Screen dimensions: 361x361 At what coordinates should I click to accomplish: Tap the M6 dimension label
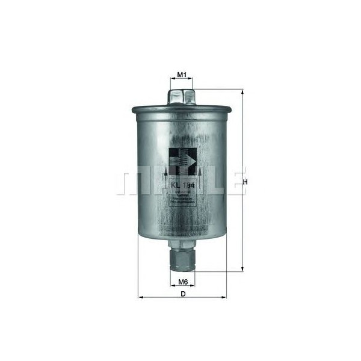pos(183,282)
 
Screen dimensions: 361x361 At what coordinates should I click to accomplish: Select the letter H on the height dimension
pos(245,182)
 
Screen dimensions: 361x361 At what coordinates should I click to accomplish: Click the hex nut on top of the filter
pos(183,96)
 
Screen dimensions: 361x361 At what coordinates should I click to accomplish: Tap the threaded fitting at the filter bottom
pos(183,260)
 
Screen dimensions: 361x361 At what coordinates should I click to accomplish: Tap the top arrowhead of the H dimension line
pos(242,93)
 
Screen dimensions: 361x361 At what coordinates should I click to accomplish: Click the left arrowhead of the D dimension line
pos(141,297)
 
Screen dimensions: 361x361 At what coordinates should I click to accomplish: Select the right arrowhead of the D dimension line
pos(226,297)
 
